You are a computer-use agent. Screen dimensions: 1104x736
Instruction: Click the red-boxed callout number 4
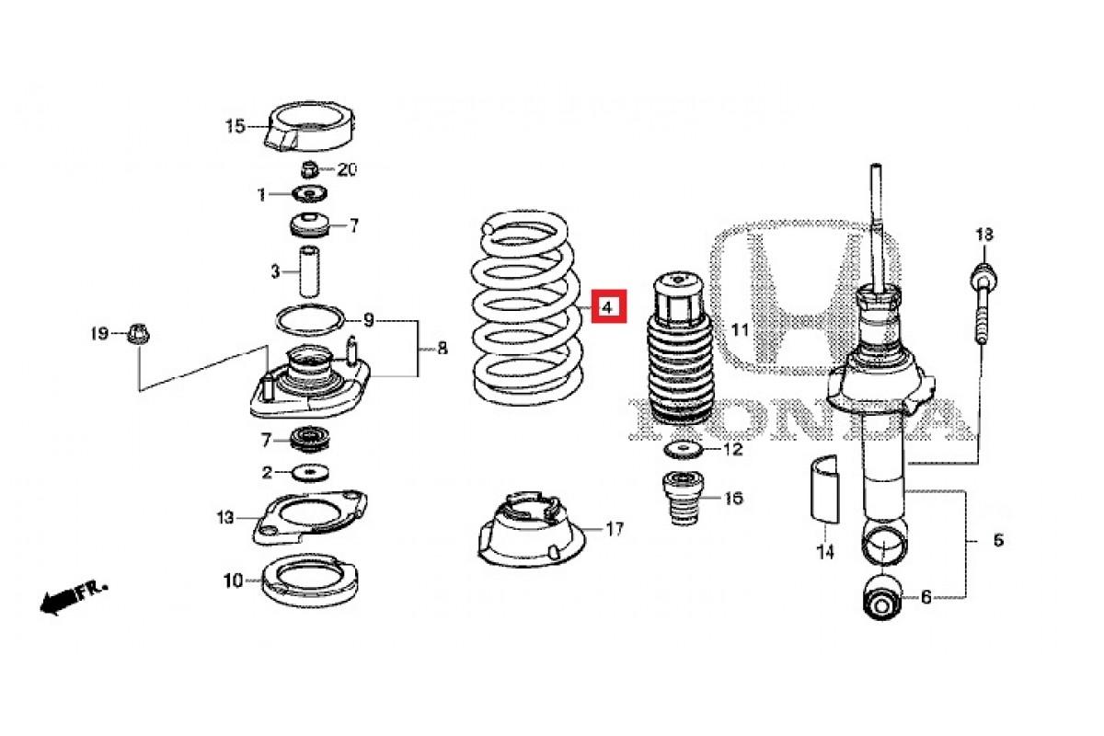coord(609,306)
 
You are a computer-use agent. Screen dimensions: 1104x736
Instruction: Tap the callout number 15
coord(236,126)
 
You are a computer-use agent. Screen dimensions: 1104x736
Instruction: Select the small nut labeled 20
coord(308,169)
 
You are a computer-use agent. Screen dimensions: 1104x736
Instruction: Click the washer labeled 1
coord(309,194)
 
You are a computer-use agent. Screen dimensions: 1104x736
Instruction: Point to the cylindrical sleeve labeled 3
coord(309,271)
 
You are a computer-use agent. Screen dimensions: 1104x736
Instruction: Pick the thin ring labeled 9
coord(309,320)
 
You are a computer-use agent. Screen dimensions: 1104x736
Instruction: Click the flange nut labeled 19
coord(138,334)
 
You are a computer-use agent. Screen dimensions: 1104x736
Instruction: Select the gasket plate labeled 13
coord(310,517)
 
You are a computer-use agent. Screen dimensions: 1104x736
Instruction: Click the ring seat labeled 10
coord(310,581)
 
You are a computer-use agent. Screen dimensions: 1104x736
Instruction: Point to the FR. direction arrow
coord(73,599)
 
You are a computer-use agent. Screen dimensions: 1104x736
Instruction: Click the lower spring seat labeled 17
coord(532,529)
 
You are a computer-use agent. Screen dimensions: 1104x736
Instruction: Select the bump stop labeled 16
coord(684,499)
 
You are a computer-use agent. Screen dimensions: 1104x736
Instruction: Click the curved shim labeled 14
coord(825,489)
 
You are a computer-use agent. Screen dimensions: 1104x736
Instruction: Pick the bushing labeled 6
coord(883,597)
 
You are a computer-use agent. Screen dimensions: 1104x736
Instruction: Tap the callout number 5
coord(998,540)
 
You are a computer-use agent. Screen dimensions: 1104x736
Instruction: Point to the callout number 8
coord(443,349)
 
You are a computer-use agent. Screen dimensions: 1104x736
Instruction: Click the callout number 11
coord(740,329)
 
